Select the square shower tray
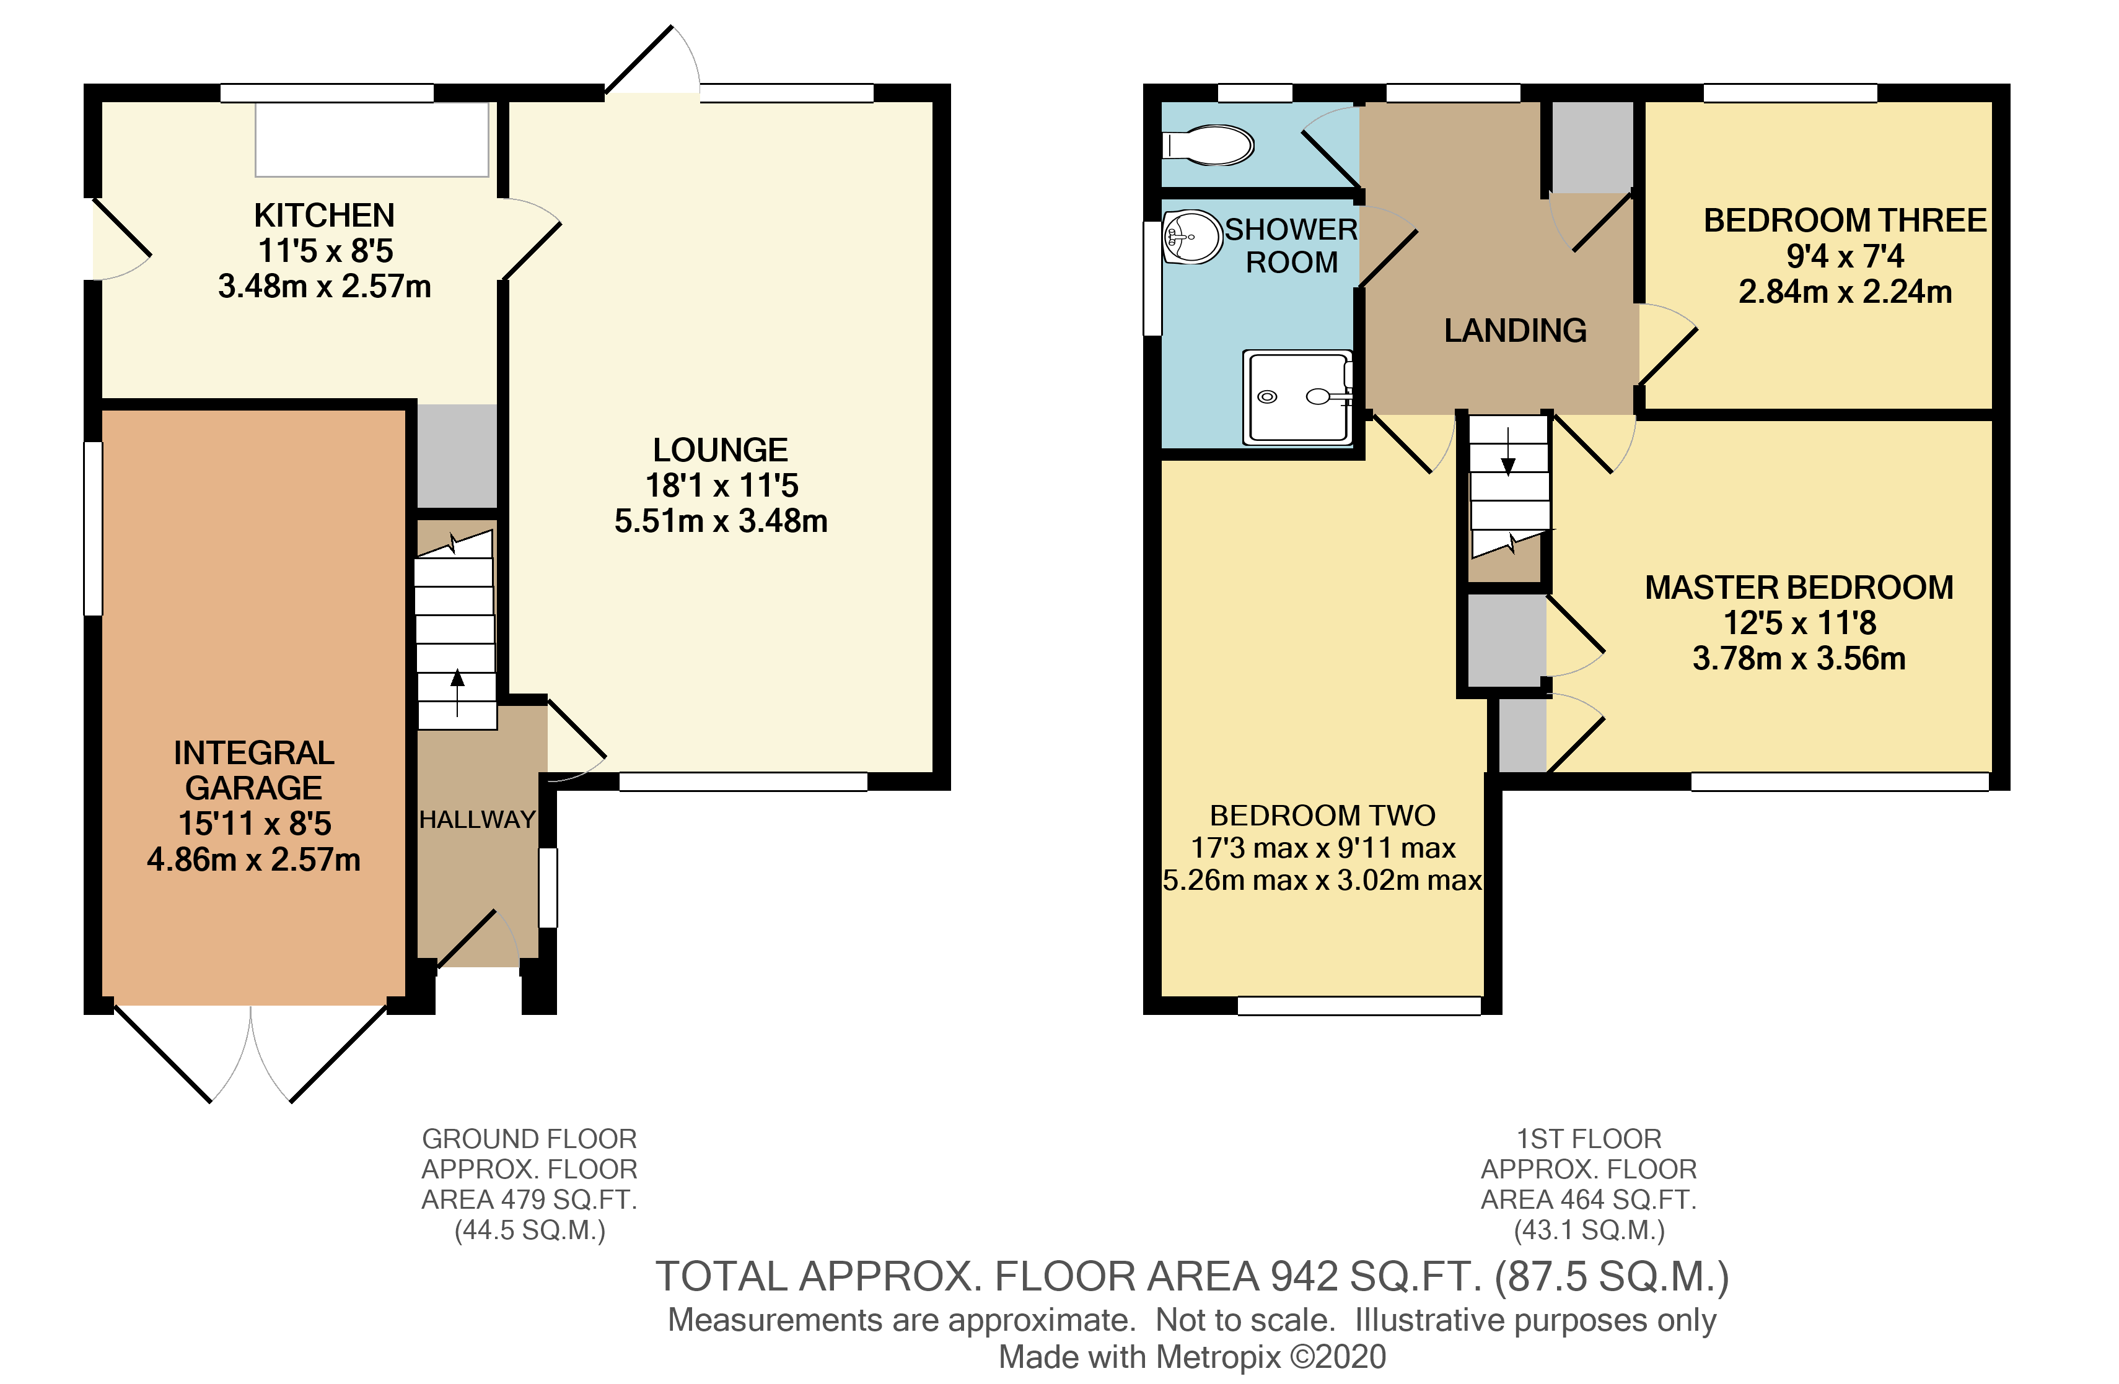pyautogui.click(x=1298, y=397)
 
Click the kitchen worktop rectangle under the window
pyautogui.click(x=372, y=140)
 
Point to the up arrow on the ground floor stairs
pyautogui.click(x=458, y=690)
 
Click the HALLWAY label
pyautogui.click(x=477, y=819)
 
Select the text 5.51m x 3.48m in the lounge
pyautogui.click(x=721, y=521)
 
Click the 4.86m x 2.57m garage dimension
pyautogui.click(x=254, y=860)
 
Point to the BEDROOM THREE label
pyautogui.click(x=1845, y=220)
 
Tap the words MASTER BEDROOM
pyautogui.click(x=1799, y=588)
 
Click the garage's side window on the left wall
pyautogui.click(x=92, y=529)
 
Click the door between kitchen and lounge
pyautogui.click(x=530, y=238)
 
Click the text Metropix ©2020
pyautogui.click(x=1271, y=1356)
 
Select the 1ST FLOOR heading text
pyautogui.click(x=1589, y=1138)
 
